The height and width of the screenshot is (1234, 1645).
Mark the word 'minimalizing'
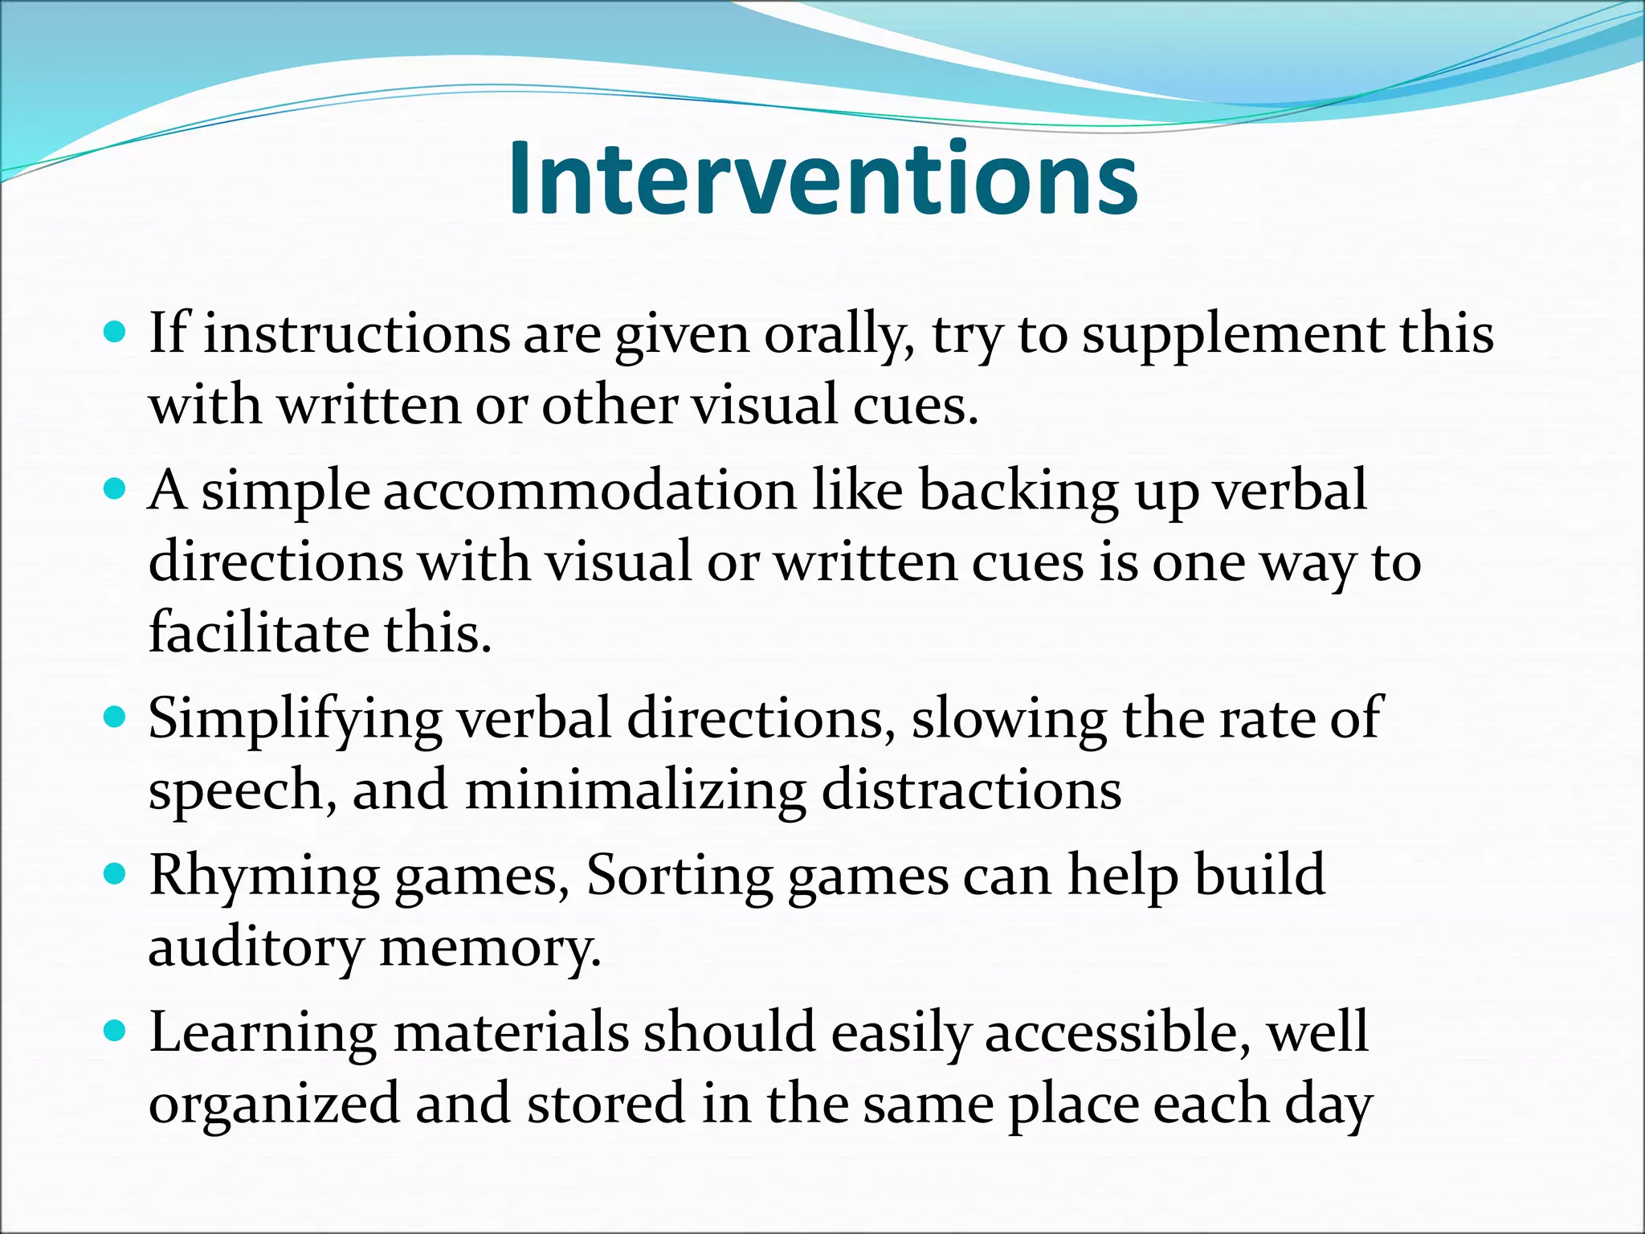pos(635,791)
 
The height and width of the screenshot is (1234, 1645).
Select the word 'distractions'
pos(971,789)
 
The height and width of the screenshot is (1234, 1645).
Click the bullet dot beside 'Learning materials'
pos(116,1031)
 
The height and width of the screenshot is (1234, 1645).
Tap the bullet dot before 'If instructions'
pos(116,331)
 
